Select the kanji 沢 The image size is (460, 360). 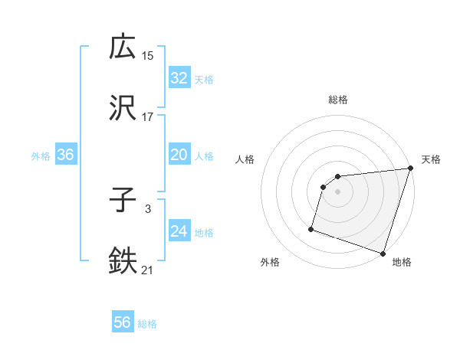tap(123, 108)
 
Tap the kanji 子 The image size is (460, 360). tap(123, 201)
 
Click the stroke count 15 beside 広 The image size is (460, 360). tap(148, 55)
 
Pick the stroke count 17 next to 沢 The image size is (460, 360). tap(148, 117)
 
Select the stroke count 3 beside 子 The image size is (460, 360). tap(148, 209)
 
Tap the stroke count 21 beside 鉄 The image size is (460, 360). tap(148, 270)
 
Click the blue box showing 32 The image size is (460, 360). tap(179, 77)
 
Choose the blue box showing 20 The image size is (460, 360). tap(179, 155)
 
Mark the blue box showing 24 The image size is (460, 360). tap(179, 231)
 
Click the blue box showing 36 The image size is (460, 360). tap(66, 155)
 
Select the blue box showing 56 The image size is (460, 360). tap(123, 322)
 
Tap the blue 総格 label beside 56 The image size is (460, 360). tap(147, 324)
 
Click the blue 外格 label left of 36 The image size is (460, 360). tap(41, 156)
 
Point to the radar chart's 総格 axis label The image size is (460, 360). tap(338, 100)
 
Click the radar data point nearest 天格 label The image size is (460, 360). tap(410, 169)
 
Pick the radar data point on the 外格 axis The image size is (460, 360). tap(311, 228)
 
